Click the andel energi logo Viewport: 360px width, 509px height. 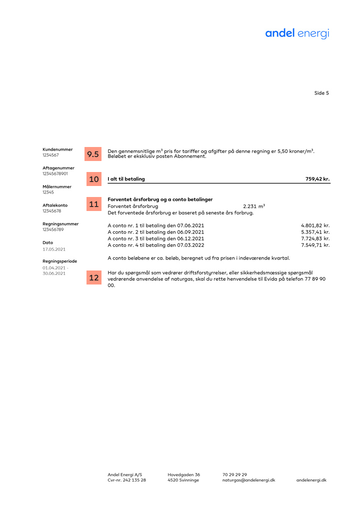[x=297, y=33]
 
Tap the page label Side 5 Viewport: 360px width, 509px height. [x=321, y=93]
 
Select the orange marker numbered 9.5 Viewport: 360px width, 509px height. [x=93, y=154]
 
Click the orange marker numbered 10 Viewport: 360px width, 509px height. [x=93, y=179]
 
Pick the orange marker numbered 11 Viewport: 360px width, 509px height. [x=93, y=204]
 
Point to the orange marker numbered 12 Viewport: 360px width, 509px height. [x=93, y=278]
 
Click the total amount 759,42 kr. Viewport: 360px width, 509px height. [x=317, y=179]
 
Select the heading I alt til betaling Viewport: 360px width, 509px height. [x=126, y=179]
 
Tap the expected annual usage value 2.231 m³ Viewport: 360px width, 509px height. [x=253, y=206]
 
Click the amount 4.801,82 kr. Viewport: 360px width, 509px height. [x=315, y=225]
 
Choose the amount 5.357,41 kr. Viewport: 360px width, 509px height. [x=315, y=232]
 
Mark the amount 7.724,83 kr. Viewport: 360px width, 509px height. [x=315, y=238]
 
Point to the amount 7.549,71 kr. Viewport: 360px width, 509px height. [x=315, y=245]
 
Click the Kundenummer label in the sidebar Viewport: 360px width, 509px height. [x=57, y=149]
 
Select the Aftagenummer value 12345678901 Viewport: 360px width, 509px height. [x=55, y=173]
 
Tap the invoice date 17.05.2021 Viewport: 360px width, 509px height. [x=54, y=248]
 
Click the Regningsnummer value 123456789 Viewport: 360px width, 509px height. [x=53, y=229]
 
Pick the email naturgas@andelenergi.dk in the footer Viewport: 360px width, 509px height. [x=248, y=480]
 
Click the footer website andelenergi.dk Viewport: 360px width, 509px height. [x=311, y=480]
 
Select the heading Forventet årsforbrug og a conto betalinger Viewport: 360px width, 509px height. [x=160, y=199]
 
